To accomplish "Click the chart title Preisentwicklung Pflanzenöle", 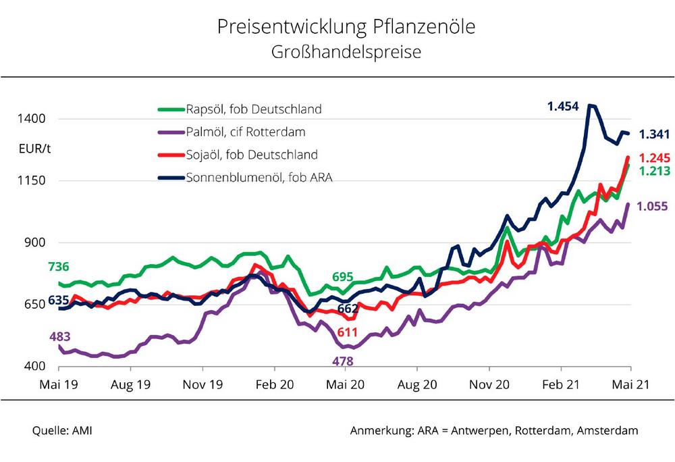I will pyautogui.click(x=346, y=27).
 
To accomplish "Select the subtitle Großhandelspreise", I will pyautogui.click(x=346, y=52).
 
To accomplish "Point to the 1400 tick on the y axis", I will pyautogui.click(x=32, y=119).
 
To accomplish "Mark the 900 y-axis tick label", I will pyautogui.click(x=34, y=242).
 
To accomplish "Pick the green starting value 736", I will pyautogui.click(x=59, y=266).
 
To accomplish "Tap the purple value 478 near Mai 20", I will pyautogui.click(x=343, y=361).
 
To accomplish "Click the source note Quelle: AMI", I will pyautogui.click(x=62, y=430).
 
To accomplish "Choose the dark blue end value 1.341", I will pyautogui.click(x=654, y=134).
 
